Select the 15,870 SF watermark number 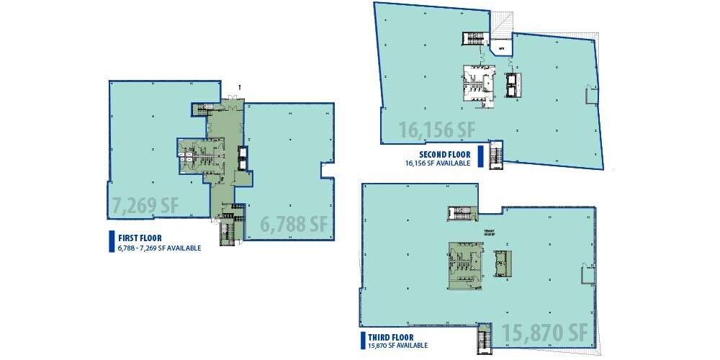pyautogui.click(x=545, y=333)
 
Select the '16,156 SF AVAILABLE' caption pyautogui.click(x=438, y=163)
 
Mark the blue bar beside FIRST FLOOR pyautogui.click(x=109, y=242)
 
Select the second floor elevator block pyautogui.click(x=512, y=84)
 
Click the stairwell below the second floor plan pyautogui.click(x=495, y=154)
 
